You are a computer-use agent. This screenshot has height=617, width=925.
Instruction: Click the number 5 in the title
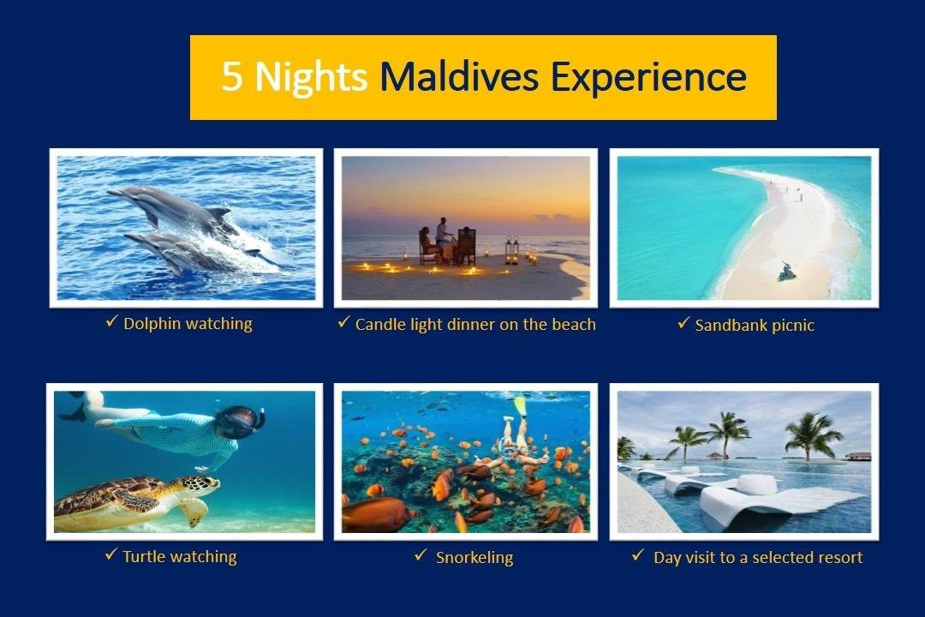[x=232, y=77]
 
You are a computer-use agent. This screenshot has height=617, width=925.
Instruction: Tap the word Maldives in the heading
[x=458, y=77]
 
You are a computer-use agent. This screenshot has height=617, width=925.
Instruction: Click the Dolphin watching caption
[x=188, y=324]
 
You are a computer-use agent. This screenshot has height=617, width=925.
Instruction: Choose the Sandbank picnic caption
[x=755, y=326]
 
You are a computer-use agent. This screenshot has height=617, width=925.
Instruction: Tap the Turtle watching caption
[x=179, y=557]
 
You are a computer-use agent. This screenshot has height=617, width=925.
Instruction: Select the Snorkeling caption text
[x=474, y=558]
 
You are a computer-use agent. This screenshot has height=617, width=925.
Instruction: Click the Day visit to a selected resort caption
[x=757, y=558]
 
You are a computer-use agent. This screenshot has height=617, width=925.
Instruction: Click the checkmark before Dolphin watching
[x=110, y=322]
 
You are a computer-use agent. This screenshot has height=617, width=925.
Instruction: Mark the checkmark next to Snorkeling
[x=420, y=556]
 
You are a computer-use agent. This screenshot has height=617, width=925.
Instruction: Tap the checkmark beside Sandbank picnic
[x=683, y=324]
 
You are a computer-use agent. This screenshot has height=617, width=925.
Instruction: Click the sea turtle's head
[x=203, y=485]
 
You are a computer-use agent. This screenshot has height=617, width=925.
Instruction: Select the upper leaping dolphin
[x=171, y=206]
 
